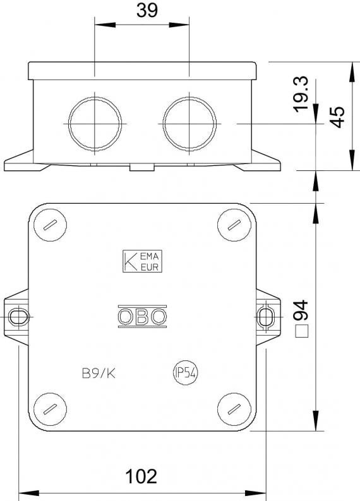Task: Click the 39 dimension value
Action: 147,10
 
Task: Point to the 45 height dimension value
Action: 337,117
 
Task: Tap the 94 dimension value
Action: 301,310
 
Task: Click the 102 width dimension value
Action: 141,477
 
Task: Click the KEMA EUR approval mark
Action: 142,261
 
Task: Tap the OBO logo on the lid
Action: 142,316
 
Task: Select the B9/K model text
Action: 99,373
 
